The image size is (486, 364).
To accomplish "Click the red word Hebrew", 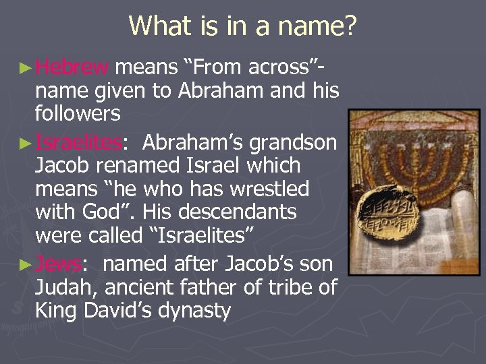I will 72,67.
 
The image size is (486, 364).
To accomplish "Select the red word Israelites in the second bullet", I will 78,142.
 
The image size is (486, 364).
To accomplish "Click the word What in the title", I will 160,26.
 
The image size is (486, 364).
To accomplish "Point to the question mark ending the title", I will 349,26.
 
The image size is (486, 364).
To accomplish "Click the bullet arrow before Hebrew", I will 25,67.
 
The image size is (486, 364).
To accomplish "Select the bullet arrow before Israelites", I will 25,143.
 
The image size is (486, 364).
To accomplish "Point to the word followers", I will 78,114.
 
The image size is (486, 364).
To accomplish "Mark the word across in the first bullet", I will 282,67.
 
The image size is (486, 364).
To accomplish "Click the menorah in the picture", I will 418,155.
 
